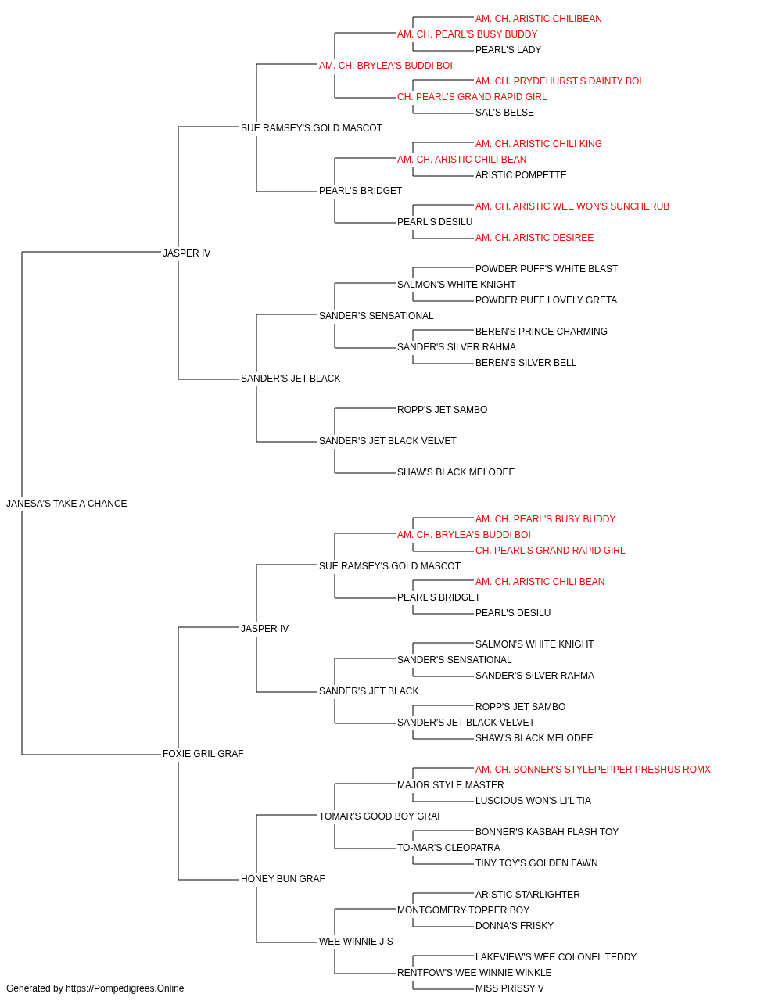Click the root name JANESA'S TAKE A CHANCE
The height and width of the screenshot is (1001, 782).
tap(66, 503)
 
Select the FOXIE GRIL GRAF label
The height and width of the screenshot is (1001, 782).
tap(203, 753)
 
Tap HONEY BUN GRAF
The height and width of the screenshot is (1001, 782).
tap(283, 878)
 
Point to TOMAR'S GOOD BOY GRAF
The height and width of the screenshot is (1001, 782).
tap(381, 816)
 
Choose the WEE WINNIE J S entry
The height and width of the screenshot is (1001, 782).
tap(356, 941)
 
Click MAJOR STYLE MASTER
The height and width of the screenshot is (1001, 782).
tap(450, 784)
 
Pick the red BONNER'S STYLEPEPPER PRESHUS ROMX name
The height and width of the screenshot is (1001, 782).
tap(593, 769)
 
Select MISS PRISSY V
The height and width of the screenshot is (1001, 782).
tap(509, 988)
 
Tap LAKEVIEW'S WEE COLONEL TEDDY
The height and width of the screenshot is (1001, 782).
tap(556, 956)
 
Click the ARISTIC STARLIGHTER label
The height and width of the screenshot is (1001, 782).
tap(527, 894)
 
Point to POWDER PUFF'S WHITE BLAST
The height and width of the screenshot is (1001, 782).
tap(546, 268)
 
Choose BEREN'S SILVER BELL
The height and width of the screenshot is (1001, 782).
tap(526, 363)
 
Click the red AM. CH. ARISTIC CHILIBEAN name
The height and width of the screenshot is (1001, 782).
tap(538, 19)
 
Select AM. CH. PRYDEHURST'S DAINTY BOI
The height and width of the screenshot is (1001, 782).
tap(558, 81)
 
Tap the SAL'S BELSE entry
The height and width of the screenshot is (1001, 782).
tap(504, 113)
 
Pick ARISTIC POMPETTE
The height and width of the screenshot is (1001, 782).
tap(521, 175)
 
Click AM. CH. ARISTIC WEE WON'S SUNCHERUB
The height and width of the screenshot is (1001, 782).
tap(572, 206)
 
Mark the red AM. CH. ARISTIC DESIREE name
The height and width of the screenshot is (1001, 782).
tap(534, 237)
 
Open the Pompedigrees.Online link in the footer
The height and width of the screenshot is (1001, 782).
tap(124, 988)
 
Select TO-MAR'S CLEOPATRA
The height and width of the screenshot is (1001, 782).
tap(449, 847)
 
